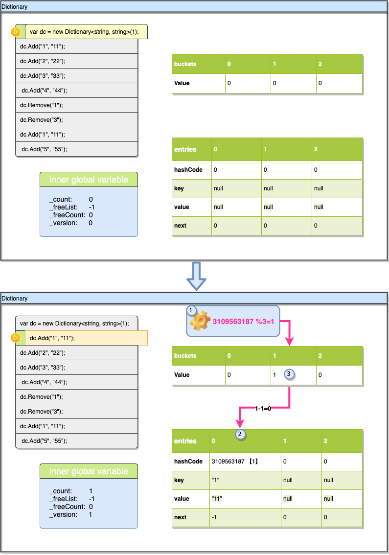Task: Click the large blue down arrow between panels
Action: click(197, 277)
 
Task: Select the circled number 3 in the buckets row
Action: click(289, 374)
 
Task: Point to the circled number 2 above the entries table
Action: click(240, 434)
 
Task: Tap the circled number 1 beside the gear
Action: click(191, 310)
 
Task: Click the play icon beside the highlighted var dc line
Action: click(16, 32)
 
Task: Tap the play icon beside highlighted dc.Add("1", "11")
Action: click(16, 338)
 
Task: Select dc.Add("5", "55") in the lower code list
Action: click(44, 440)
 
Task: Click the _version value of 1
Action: click(91, 514)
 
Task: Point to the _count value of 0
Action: click(91, 200)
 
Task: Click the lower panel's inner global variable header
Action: click(89, 471)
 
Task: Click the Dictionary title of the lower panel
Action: click(15, 299)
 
